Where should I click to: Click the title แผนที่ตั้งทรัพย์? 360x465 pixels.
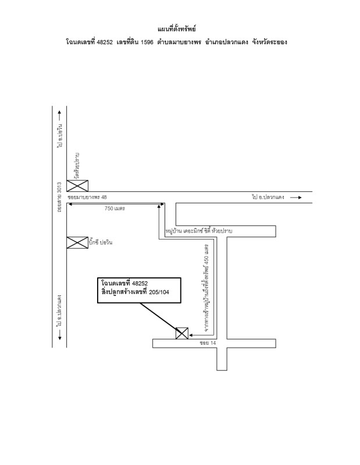[177, 28]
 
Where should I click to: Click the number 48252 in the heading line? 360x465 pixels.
[105, 42]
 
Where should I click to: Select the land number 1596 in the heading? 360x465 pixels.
[147, 42]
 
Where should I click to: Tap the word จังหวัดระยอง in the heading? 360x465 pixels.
[269, 42]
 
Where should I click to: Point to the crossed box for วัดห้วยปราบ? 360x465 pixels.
[77, 185]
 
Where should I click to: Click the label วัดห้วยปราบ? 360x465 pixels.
[78, 166]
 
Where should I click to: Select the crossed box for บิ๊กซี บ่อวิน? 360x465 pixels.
[77, 242]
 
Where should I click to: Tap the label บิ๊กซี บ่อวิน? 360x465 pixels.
[101, 242]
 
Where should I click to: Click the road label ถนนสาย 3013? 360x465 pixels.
[60, 197]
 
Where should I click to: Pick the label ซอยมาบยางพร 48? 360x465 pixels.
[87, 197]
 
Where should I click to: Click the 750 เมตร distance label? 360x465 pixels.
[115, 209]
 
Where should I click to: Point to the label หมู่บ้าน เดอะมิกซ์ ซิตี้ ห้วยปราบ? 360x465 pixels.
[199, 231]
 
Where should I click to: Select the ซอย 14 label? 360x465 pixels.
[208, 343]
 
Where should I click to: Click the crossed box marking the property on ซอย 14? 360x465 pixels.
[182, 333]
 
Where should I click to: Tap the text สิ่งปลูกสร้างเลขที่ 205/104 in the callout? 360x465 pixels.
[135, 292]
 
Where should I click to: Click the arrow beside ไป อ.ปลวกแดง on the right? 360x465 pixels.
[296, 197]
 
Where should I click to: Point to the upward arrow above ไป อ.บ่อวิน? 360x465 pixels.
[60, 116]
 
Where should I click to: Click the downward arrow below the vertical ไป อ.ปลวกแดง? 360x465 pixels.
[60, 335]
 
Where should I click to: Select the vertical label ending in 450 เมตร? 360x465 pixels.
[206, 288]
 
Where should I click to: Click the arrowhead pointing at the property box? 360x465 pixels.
[191, 335]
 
